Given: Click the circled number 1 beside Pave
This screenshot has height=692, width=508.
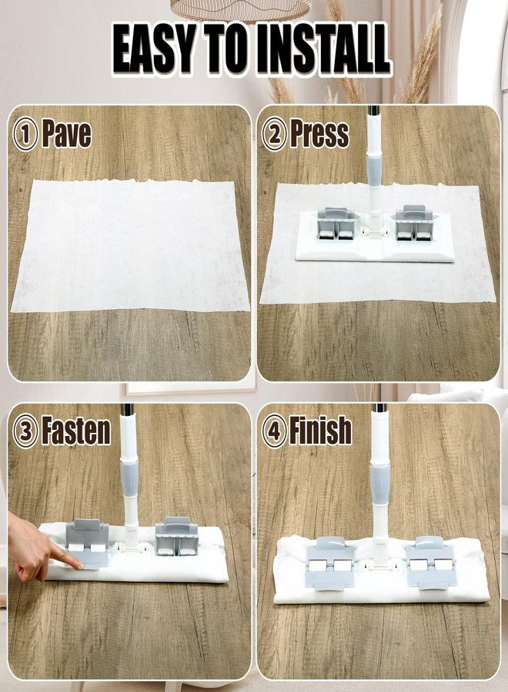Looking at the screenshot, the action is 25,134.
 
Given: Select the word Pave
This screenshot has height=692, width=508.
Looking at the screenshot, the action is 67,134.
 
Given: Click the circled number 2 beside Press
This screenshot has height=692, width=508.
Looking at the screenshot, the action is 274,134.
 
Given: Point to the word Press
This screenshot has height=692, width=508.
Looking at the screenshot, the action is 319,134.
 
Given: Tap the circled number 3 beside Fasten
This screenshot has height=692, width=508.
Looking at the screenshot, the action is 25,431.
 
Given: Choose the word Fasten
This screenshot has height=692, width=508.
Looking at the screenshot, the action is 76,431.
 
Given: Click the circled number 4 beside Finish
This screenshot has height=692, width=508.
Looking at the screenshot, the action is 274,431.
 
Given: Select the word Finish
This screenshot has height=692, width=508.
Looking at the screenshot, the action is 321,431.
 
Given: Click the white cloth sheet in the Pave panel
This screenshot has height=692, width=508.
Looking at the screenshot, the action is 130,245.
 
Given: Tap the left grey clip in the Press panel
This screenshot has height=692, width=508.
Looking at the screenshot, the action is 336,223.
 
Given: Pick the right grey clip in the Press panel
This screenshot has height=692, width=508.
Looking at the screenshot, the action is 415,223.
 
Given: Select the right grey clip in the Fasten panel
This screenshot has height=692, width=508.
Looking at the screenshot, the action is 177,536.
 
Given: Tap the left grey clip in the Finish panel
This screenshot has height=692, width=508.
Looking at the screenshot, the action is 330,563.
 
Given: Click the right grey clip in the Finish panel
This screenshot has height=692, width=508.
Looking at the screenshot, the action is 429,562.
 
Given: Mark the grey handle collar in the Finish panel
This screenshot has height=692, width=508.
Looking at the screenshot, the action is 380,483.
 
